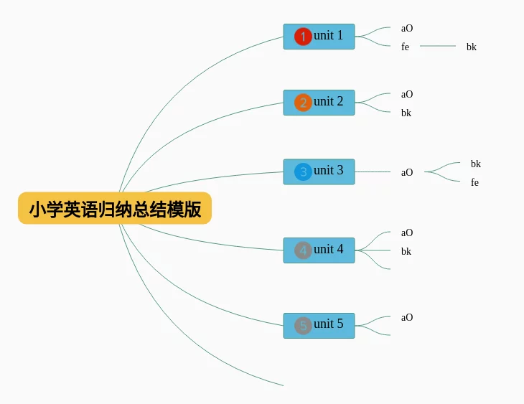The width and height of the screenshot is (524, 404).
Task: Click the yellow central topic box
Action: [115, 208]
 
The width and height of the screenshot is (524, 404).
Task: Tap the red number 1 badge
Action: [303, 37]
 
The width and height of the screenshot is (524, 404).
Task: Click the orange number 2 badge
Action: [303, 103]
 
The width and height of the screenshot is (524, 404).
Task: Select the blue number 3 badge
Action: [303, 172]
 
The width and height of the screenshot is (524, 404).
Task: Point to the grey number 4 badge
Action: [303, 250]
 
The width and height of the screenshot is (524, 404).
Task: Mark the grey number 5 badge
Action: [303, 326]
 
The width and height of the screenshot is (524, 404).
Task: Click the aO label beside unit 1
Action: [407, 29]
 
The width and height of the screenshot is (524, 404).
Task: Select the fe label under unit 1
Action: [405, 47]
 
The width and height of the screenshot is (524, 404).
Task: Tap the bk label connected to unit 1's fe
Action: [471, 47]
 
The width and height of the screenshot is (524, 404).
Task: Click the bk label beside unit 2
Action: [406, 113]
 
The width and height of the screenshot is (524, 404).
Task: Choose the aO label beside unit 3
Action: [407, 172]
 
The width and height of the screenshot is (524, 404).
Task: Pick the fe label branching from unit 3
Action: [474, 182]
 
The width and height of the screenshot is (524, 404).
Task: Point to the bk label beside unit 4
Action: [406, 251]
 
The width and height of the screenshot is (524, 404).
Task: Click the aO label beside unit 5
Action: [407, 317]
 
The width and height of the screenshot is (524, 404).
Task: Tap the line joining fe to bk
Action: [438, 46]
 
